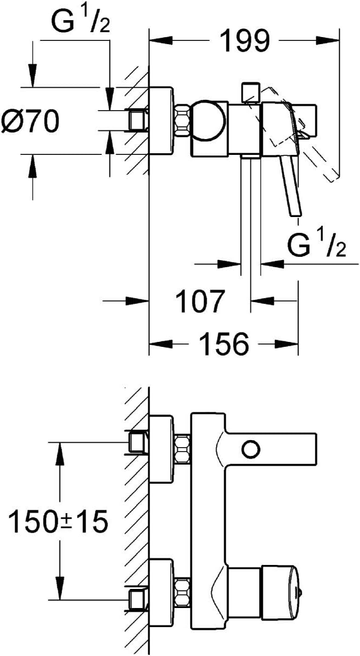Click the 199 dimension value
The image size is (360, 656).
point(244,41)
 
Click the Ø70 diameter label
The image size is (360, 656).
point(30,121)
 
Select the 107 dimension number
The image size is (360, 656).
point(201,300)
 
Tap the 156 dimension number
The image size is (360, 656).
point(224,344)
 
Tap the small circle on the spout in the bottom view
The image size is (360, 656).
point(251,457)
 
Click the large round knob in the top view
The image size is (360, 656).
point(208,121)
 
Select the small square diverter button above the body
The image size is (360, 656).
point(250,93)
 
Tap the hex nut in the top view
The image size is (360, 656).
point(183,121)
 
